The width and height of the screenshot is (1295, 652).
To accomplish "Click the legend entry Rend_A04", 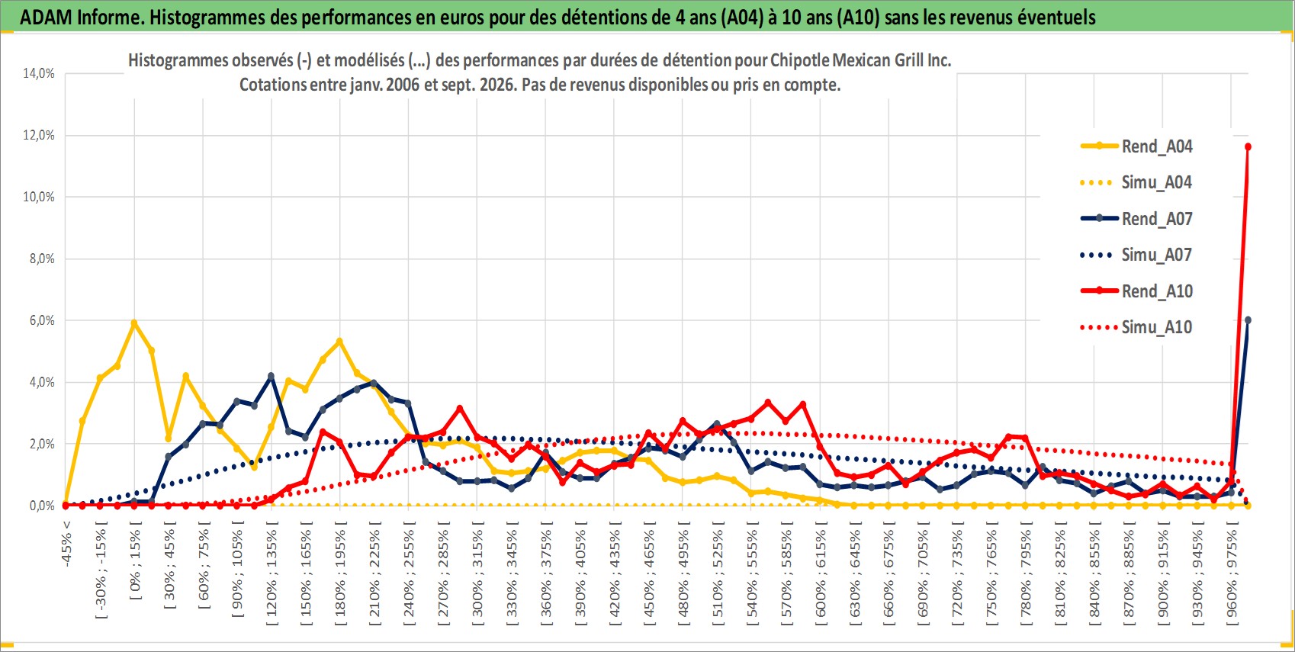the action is click(1136, 146).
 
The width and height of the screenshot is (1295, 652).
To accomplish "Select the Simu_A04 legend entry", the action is click(1136, 183).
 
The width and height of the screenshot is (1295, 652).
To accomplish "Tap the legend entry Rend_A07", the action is click(1136, 219).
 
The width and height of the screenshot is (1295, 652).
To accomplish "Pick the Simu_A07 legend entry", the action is click(1136, 255).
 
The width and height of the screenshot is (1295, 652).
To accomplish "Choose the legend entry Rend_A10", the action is click(1136, 291).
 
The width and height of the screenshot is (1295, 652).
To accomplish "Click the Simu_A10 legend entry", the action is click(1136, 327).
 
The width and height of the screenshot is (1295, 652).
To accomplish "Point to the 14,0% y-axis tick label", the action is click(39, 73).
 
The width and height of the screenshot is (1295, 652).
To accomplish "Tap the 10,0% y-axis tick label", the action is click(39, 197).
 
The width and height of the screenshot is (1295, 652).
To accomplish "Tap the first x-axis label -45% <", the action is click(66, 544).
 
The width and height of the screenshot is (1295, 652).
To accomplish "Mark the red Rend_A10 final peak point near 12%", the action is click(1248, 147).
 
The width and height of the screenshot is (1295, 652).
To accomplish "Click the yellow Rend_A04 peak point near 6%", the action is click(134, 323).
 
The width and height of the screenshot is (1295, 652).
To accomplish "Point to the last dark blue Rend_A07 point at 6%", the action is click(1248, 320).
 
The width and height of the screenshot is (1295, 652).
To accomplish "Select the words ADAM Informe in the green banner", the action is click(80, 18).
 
